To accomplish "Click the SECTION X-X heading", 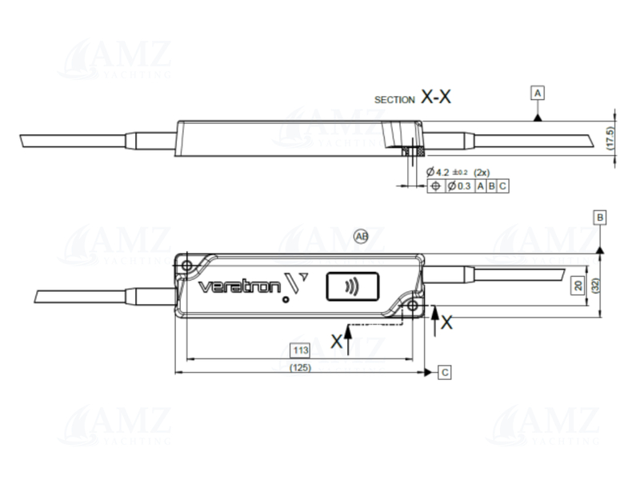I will pyautogui.click(x=413, y=98).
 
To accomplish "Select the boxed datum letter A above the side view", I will pyautogui.click(x=538, y=94).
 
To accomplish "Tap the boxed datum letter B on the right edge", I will pyautogui.click(x=600, y=217).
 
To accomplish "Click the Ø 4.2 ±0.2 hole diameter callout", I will pyautogui.click(x=452, y=172).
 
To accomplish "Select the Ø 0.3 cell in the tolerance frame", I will pyautogui.click(x=459, y=186).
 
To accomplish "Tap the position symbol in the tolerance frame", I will pyautogui.click(x=436, y=186).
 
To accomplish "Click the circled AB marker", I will pyautogui.click(x=361, y=236).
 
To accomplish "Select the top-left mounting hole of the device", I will pyautogui.click(x=186, y=265).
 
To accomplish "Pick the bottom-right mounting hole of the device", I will pyautogui.click(x=412, y=306).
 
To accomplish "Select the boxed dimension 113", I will pyautogui.click(x=299, y=350).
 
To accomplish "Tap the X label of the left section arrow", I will pyautogui.click(x=338, y=341).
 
